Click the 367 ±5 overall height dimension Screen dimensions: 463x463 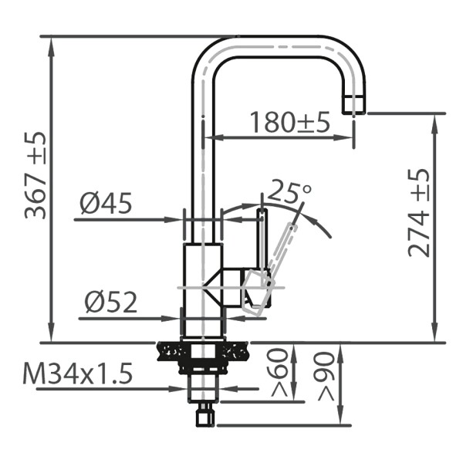point(35,174)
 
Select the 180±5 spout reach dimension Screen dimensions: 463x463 point(289,121)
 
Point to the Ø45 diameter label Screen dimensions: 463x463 point(106,204)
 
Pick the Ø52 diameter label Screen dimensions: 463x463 point(111,302)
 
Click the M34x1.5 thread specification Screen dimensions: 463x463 point(78,374)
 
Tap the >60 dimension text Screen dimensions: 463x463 point(282,373)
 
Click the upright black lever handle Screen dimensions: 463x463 point(262,239)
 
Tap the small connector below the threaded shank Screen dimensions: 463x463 point(204,415)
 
